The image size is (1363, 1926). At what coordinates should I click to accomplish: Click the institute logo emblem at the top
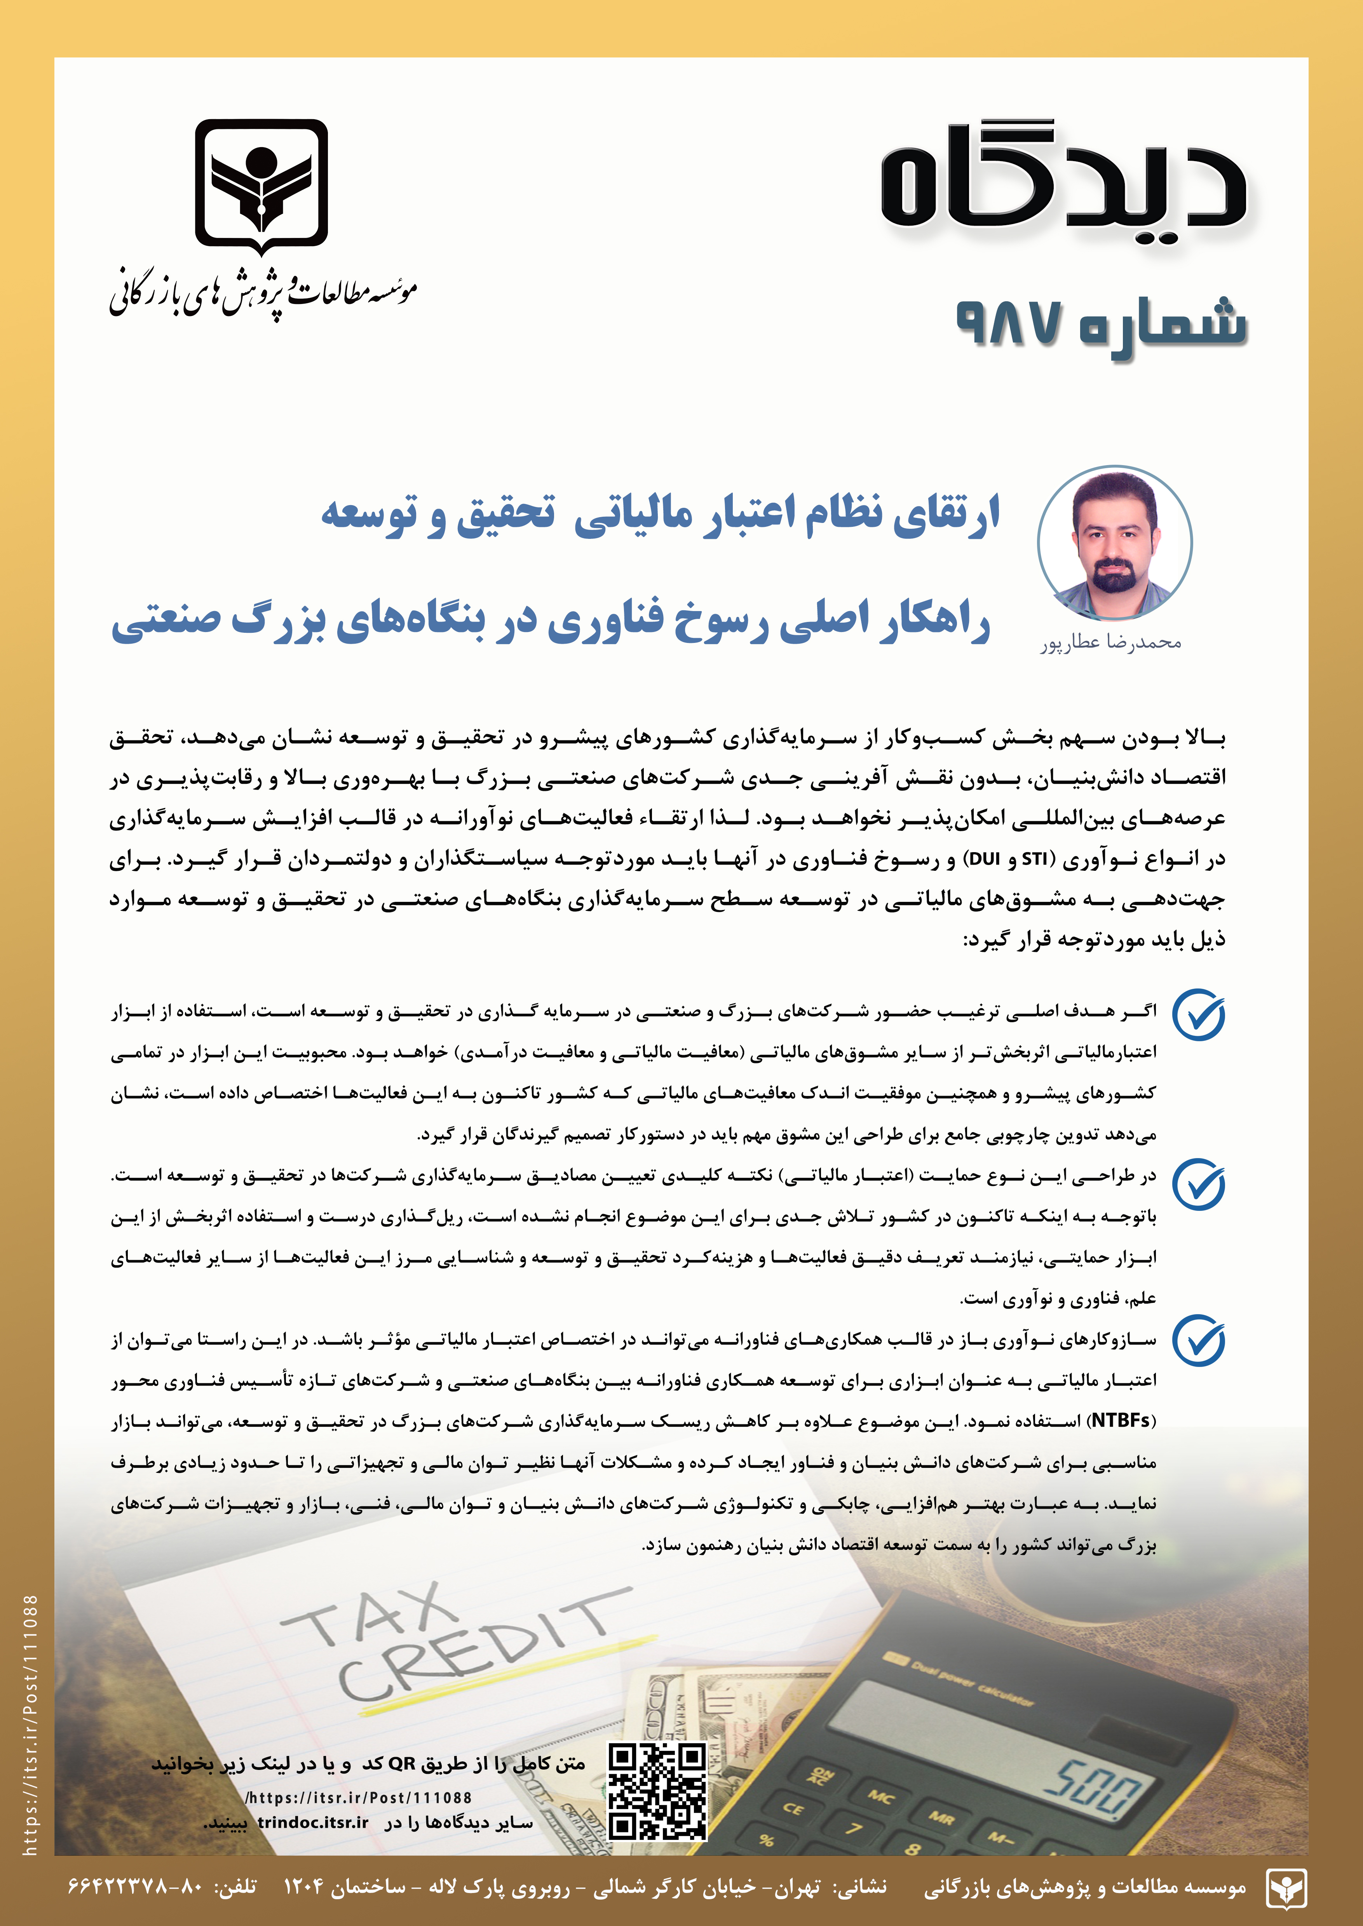click(261, 186)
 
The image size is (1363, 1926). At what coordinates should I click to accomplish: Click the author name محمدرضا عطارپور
click(1111, 643)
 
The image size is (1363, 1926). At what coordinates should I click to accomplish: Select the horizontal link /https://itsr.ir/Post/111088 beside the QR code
click(358, 1797)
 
